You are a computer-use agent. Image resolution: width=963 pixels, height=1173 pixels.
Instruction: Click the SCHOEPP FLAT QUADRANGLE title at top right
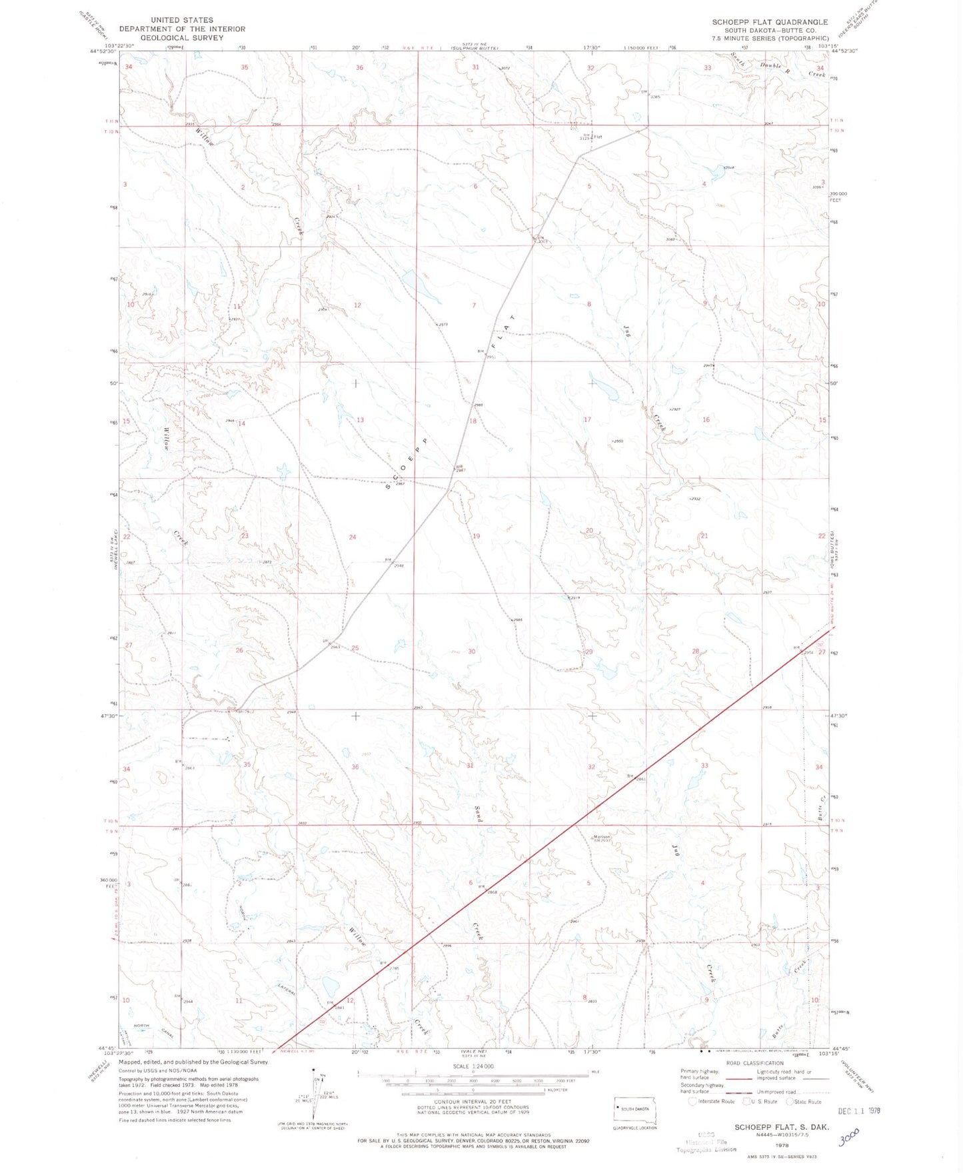click(770, 22)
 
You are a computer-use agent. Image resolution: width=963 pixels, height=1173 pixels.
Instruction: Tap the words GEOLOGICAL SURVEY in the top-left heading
click(182, 38)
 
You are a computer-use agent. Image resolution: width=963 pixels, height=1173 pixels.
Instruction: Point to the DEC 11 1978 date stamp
click(859, 1111)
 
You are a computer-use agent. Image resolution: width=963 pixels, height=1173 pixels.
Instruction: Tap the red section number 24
click(353, 537)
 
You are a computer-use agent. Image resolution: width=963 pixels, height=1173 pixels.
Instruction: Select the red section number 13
click(360, 419)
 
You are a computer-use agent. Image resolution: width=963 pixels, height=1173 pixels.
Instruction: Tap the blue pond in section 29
click(607, 671)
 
